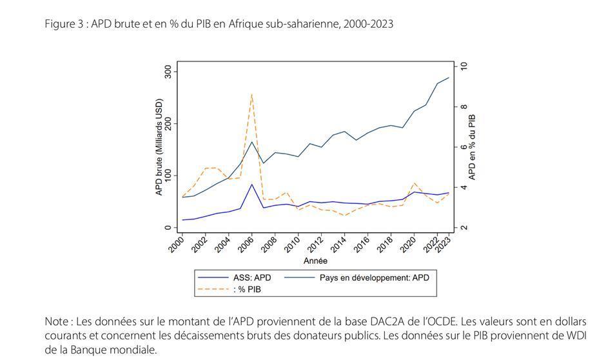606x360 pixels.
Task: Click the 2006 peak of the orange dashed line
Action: tap(251, 94)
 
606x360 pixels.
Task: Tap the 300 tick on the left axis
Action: tap(168, 71)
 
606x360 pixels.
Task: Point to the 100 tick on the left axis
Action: tap(168, 175)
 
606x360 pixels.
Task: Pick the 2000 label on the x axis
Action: tap(176, 245)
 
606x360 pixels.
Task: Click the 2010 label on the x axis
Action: tap(293, 245)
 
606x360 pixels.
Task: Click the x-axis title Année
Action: tap(315, 261)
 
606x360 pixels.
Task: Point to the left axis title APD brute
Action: tap(159, 147)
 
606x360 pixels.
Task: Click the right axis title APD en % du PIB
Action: tap(473, 147)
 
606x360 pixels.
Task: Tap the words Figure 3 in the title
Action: tap(65, 24)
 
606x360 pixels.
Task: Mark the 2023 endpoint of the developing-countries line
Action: tap(449, 78)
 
